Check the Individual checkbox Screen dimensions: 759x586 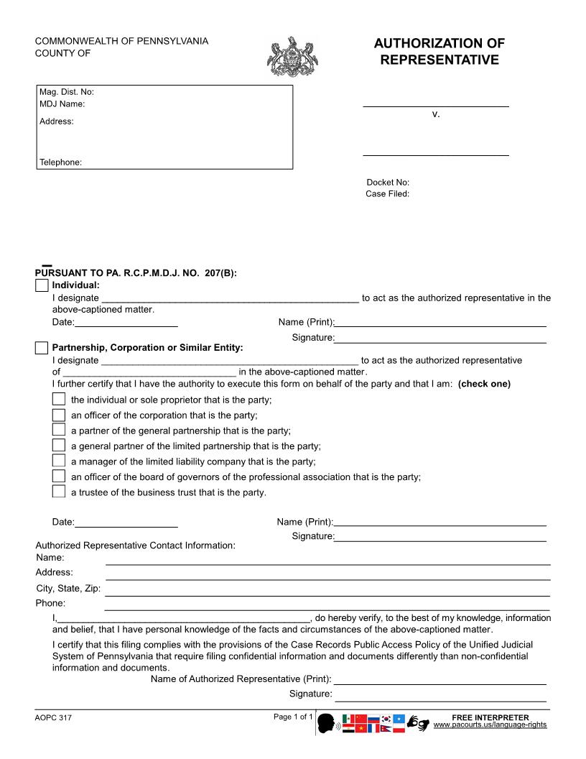tap(42, 285)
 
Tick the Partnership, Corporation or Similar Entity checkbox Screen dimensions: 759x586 tap(42, 348)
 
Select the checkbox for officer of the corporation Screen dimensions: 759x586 tap(59, 415)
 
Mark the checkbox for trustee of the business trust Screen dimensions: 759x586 tap(59, 492)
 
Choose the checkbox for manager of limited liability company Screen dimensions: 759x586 tap(59, 461)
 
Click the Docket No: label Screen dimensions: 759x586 tap(387, 183)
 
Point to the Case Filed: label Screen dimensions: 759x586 tap(387, 194)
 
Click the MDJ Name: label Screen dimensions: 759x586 tap(62, 104)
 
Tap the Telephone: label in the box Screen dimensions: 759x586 tap(60, 162)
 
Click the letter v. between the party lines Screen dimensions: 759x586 tap(436, 114)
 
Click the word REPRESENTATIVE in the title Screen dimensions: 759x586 tap(439, 60)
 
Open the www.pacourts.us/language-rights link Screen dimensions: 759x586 tap(490, 725)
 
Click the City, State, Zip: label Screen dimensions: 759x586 tap(68, 589)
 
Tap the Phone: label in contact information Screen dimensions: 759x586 tap(50, 603)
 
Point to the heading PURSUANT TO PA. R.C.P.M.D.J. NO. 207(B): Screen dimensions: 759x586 tap(136, 273)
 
